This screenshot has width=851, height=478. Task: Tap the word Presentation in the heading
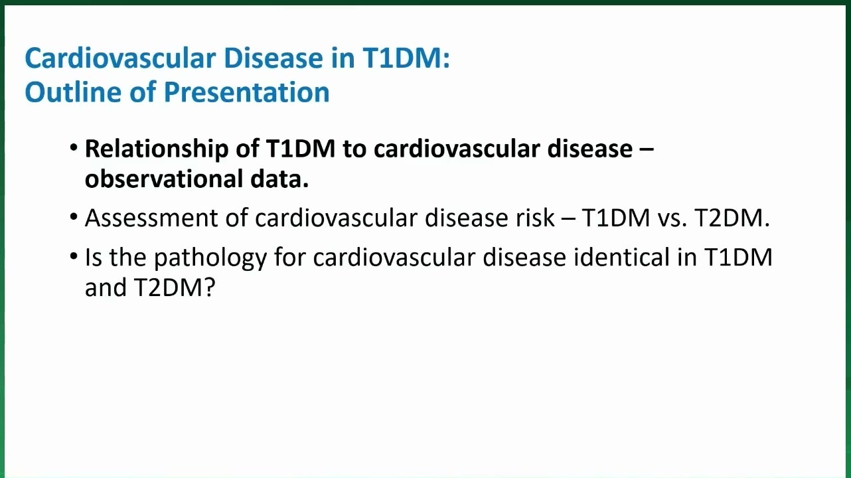coord(246,93)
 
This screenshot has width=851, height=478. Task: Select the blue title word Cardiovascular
coord(120,58)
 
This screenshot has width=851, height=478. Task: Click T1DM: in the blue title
coord(406,58)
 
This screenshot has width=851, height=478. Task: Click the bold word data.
coord(279,179)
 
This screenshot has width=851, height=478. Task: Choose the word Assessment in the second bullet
coord(151,218)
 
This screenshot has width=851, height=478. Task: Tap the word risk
coord(535,218)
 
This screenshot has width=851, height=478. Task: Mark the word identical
coord(621,257)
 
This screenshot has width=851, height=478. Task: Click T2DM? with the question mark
coord(175,287)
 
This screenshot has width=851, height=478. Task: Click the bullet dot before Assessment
coord(74,217)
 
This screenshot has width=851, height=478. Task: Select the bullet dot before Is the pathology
coord(74,256)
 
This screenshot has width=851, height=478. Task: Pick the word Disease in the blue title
coord(273,58)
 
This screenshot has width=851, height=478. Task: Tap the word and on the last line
coord(106,287)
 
